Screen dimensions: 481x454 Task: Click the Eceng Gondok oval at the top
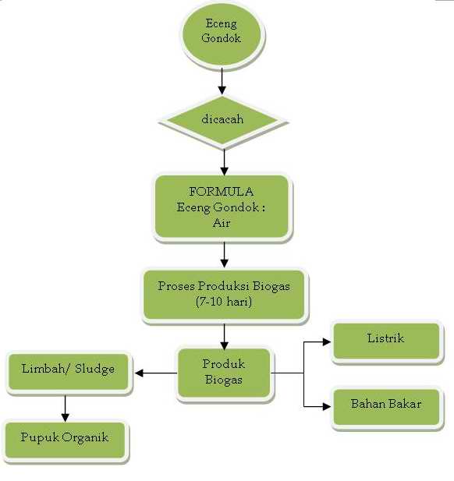pos(222,31)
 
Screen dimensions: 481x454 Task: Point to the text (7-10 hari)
pos(224,301)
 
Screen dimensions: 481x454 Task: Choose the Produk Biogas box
pos(224,373)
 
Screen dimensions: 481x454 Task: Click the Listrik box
pos(385,340)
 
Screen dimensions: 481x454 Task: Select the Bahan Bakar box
pos(385,405)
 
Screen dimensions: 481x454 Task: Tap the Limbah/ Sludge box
pos(68,369)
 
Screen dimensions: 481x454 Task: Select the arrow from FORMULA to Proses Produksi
pos(224,253)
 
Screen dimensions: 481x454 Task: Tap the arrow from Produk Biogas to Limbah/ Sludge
pos(155,373)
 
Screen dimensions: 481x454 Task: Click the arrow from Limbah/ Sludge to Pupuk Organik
pos(65,406)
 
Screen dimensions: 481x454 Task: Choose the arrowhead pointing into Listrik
pos(327,341)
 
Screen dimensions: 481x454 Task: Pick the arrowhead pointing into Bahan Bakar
pos(327,405)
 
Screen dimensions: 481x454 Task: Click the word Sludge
pos(96,369)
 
